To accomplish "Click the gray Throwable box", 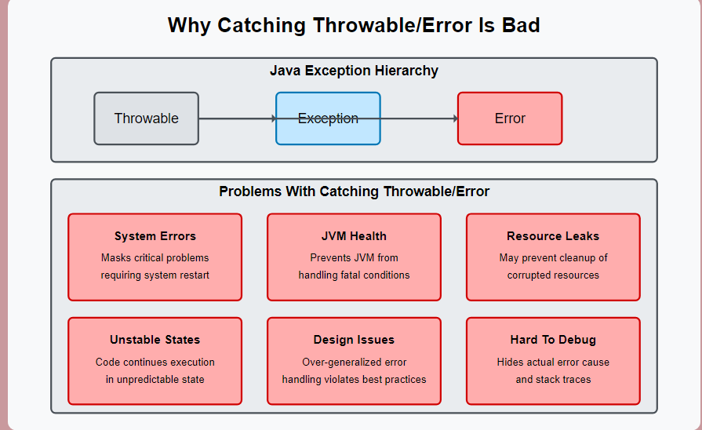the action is tap(147, 118).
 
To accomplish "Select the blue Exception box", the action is tap(328, 118).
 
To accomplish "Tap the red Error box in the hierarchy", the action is tap(510, 118).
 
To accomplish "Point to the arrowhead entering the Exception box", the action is tap(274, 118).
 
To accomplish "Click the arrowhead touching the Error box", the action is tap(455, 118).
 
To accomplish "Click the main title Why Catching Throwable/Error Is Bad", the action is tap(354, 25).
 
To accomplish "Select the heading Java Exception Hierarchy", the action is tap(354, 71).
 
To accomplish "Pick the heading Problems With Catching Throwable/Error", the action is tap(354, 191).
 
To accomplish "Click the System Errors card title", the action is tap(155, 236).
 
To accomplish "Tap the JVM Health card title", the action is tap(354, 236).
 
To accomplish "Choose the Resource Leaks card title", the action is tap(553, 236).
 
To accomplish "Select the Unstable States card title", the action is tap(155, 340).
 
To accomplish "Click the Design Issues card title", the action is tap(354, 340).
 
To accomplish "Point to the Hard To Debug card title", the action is tap(553, 340).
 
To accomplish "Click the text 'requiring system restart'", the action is tap(155, 275).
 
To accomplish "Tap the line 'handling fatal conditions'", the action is tap(354, 275).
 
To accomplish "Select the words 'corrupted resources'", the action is tap(553, 275).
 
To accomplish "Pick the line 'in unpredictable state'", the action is tap(155, 379).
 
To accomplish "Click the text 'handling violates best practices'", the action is tap(354, 379).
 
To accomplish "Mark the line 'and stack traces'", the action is tap(553, 379).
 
